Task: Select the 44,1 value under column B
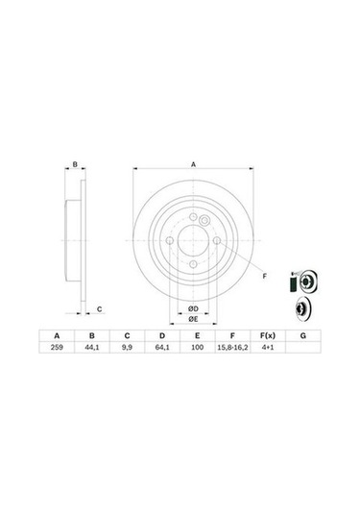91,349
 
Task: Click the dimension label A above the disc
193,164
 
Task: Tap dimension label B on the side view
74,165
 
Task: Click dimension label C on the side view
101,307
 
